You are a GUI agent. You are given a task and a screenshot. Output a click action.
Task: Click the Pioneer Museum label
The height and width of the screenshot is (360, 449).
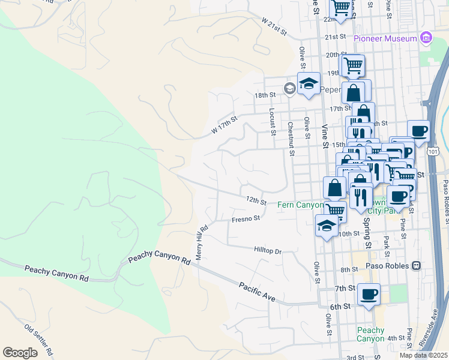point(385,38)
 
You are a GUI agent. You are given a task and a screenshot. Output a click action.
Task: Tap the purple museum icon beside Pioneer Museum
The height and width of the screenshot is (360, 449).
point(426,38)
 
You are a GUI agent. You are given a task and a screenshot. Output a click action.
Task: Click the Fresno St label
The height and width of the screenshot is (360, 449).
point(246,220)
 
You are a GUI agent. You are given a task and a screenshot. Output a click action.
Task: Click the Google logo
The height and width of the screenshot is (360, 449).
point(20,353)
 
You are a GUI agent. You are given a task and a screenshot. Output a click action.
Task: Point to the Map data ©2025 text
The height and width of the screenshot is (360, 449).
point(423,355)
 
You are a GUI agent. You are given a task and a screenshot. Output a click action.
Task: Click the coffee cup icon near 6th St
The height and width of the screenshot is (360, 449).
point(369,294)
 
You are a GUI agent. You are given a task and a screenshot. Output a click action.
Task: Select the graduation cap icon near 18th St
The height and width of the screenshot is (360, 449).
point(309,83)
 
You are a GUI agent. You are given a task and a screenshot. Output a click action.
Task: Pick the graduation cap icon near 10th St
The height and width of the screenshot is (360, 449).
point(326,225)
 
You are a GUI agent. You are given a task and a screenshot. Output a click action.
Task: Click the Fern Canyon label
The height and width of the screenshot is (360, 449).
point(300,205)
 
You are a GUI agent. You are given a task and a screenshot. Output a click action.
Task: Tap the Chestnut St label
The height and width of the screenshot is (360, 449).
point(292,139)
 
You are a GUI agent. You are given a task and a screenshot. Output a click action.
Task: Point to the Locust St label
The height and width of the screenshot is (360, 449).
point(273,120)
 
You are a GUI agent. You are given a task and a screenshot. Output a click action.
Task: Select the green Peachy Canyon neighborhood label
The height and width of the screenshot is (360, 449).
point(370,334)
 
